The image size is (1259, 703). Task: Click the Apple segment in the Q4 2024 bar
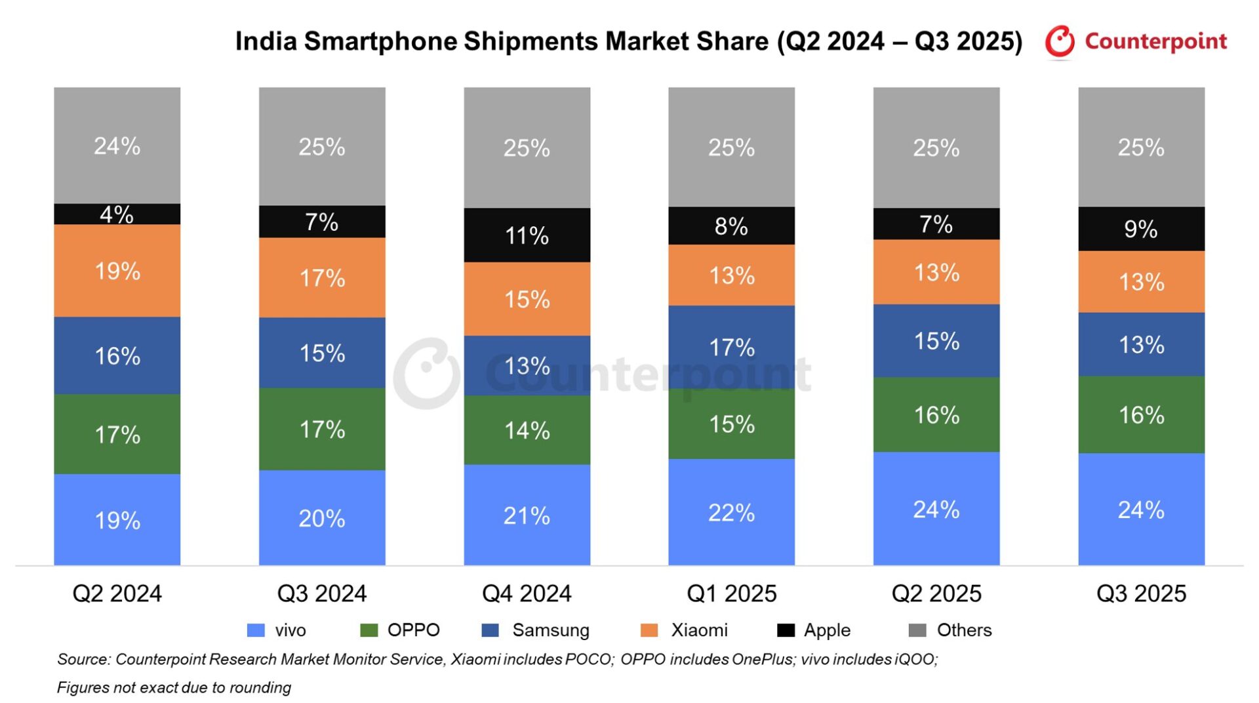click(527, 235)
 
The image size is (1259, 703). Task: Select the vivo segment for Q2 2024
click(117, 519)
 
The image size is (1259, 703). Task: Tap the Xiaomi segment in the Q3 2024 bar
click(322, 277)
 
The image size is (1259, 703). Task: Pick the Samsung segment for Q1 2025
click(731, 347)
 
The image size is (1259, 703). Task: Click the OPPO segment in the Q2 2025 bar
click(936, 414)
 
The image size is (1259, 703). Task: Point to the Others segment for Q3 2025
click(1141, 147)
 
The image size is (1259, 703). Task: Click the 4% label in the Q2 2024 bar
click(117, 214)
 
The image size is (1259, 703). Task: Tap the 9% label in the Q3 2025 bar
click(1141, 229)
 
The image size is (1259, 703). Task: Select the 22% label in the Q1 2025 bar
click(731, 513)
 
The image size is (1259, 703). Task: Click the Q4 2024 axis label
click(527, 593)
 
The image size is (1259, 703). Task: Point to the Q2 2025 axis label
click(936, 593)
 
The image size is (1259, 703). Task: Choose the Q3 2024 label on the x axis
click(322, 593)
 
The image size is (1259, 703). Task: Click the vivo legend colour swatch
click(256, 630)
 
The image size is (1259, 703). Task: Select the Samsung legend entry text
click(550, 630)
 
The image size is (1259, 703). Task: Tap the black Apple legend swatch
click(786, 630)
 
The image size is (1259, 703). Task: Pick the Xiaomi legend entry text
click(699, 630)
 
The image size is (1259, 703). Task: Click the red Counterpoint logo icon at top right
click(1060, 41)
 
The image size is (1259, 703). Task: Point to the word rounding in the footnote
click(262, 687)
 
